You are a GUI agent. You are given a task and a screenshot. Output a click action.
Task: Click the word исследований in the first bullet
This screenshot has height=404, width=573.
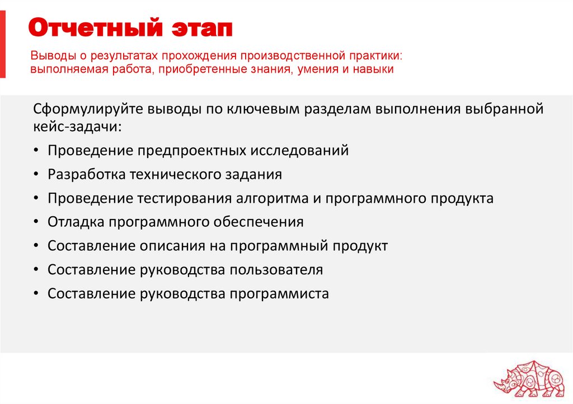tap(299, 150)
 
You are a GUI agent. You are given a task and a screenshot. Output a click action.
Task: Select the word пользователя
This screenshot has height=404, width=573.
tap(277, 270)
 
